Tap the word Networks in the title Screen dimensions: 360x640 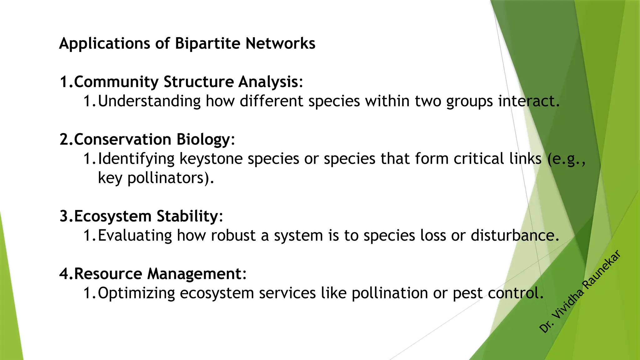(x=280, y=43)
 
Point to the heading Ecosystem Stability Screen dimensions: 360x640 (x=147, y=216)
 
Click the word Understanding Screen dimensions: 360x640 (x=149, y=101)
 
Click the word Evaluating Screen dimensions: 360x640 (x=135, y=235)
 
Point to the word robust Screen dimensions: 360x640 (x=233, y=235)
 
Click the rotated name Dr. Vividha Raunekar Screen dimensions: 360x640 (x=580, y=291)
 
